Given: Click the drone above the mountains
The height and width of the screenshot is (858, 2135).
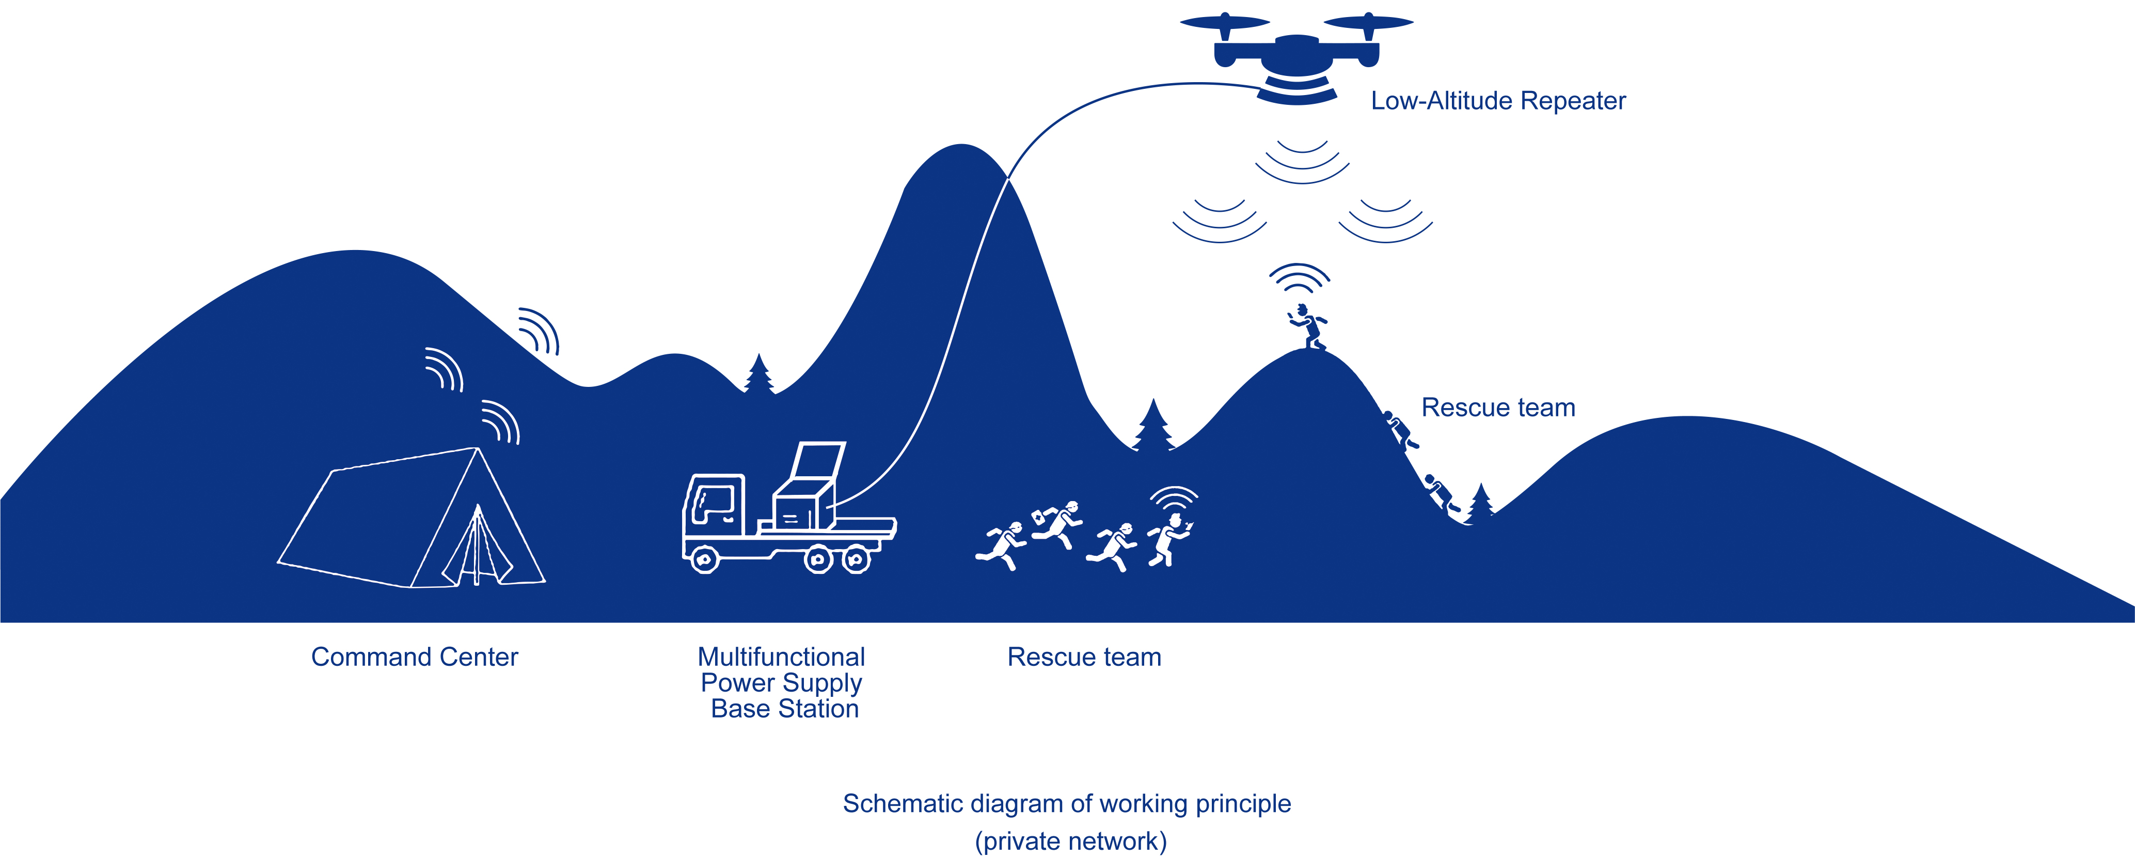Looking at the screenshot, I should pyautogui.click(x=1296, y=54).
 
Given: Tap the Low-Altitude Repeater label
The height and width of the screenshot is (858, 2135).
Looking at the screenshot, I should pyautogui.click(x=1498, y=100).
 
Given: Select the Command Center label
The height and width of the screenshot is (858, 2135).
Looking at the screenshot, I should pyautogui.click(x=415, y=657).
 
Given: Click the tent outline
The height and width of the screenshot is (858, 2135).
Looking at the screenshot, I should pyautogui.click(x=410, y=521).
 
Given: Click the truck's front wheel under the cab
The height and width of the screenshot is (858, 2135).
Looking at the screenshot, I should pyautogui.click(x=704, y=560).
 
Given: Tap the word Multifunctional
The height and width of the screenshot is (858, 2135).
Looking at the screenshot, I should pyautogui.click(x=781, y=657).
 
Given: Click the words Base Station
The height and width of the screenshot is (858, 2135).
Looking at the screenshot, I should pyautogui.click(x=784, y=709).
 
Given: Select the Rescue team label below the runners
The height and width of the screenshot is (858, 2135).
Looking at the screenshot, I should pyautogui.click(x=1084, y=657).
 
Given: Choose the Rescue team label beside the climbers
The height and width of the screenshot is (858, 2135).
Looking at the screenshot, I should pyautogui.click(x=1498, y=407).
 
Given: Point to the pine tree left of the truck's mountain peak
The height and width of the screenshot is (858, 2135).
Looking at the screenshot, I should pyautogui.click(x=758, y=374).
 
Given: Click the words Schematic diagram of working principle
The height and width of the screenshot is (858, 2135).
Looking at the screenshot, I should pyautogui.click(x=1067, y=803).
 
